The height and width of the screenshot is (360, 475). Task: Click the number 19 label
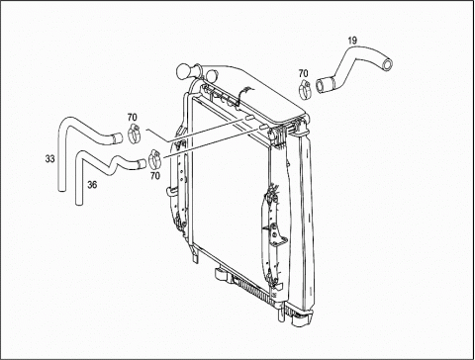pyautogui.click(x=352, y=41)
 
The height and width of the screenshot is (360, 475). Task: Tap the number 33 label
pyautogui.click(x=49, y=159)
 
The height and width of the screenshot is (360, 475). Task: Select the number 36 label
pyautogui.click(x=92, y=185)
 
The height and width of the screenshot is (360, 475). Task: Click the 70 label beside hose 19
pyautogui.click(x=303, y=73)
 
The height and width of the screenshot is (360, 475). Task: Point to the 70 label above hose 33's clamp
pyautogui.click(x=133, y=117)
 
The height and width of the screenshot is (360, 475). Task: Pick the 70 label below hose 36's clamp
pyautogui.click(x=155, y=176)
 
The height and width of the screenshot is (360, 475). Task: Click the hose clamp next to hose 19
pyautogui.click(x=305, y=89)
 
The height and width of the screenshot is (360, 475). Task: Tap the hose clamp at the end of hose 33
pyautogui.click(x=135, y=134)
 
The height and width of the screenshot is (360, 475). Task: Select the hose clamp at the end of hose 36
pyautogui.click(x=154, y=158)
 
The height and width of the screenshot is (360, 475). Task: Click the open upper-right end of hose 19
pyautogui.click(x=387, y=64)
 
